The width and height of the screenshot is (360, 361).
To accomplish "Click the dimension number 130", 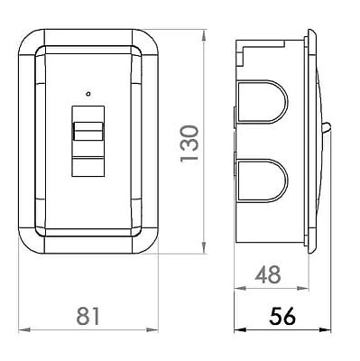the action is tap(189, 143).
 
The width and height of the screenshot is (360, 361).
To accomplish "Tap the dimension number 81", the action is tap(88, 316).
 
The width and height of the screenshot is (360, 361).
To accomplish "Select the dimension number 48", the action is tap(268, 274).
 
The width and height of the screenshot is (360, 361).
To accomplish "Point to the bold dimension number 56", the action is tap(282, 316).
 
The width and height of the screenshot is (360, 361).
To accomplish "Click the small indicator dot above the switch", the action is tap(88, 94).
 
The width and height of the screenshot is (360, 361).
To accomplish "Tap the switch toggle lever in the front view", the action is tap(88, 131).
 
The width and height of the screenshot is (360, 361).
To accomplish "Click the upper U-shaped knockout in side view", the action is tap(261, 102).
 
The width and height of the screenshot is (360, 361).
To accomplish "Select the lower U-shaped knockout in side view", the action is tap(261, 180).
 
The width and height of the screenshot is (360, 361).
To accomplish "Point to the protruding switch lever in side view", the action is tap(328, 128).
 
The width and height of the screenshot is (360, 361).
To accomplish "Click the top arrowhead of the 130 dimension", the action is tap(204, 35).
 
